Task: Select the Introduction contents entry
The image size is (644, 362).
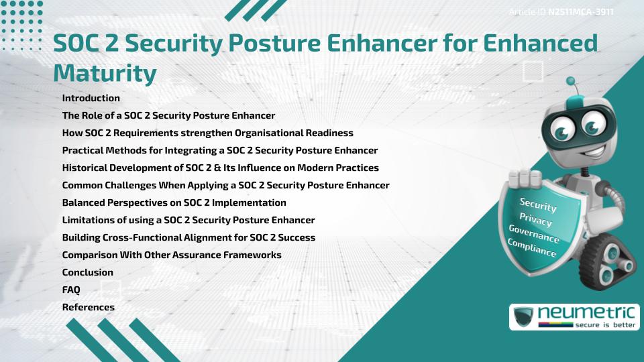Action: click(x=91, y=98)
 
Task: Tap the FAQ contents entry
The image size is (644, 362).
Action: click(x=71, y=290)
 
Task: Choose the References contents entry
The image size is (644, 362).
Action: click(x=89, y=307)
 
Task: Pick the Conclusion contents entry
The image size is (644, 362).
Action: click(x=88, y=272)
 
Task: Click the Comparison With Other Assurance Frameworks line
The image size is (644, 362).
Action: click(x=172, y=255)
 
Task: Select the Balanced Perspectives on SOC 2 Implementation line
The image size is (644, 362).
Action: click(x=174, y=202)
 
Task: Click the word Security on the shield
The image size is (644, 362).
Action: click(x=538, y=204)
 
